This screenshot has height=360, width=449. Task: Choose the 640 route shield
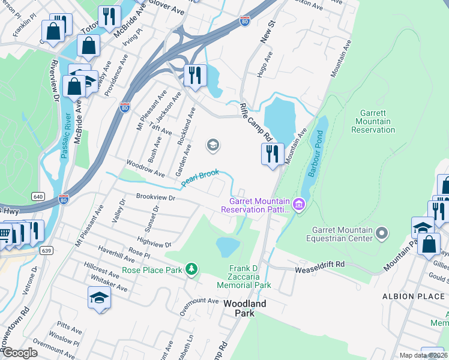(x=38, y=196)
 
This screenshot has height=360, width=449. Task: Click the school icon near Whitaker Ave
(x=99, y=297)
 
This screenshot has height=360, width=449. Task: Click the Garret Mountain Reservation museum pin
(x=300, y=206)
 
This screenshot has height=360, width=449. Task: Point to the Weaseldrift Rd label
(x=320, y=264)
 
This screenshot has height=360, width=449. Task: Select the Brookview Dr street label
(x=155, y=197)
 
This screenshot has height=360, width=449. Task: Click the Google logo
(x=19, y=352)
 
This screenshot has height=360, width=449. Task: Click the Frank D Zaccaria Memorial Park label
(x=250, y=277)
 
